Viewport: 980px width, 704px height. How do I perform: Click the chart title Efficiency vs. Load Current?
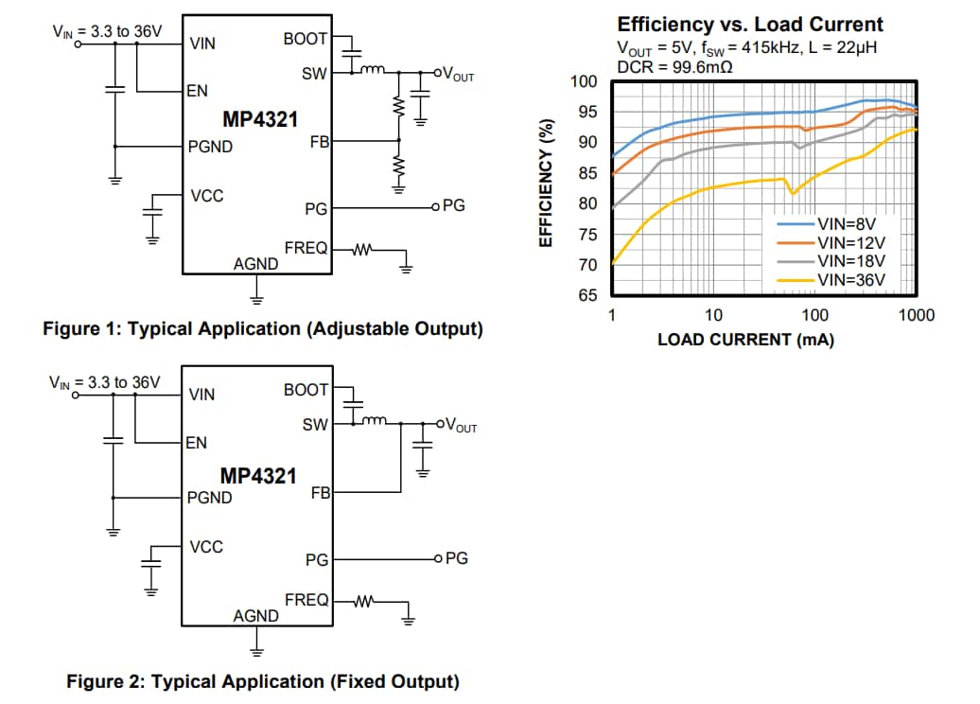coord(750,26)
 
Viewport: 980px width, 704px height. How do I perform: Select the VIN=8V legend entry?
coord(850,224)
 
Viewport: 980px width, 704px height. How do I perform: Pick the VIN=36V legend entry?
coord(850,279)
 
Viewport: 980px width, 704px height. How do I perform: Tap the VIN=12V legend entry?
coord(850,242)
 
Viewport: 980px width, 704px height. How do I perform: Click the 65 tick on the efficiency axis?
coord(588,295)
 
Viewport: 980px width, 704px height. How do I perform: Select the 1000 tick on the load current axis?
coord(916,315)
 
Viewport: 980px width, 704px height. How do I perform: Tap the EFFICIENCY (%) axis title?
coord(546,185)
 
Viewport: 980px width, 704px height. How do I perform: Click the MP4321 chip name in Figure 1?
coord(259,120)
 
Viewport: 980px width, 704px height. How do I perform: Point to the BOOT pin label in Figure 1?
coord(305,39)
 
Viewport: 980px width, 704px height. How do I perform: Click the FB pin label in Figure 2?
coord(319,493)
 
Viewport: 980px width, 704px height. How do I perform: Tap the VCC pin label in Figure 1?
coord(207,196)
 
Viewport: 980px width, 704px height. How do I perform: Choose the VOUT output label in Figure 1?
coord(458,75)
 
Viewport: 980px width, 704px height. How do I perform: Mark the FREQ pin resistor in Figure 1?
coord(363,250)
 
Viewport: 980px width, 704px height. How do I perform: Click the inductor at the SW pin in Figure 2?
coord(372,422)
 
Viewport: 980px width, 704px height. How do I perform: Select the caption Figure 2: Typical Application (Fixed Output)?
coord(262,681)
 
